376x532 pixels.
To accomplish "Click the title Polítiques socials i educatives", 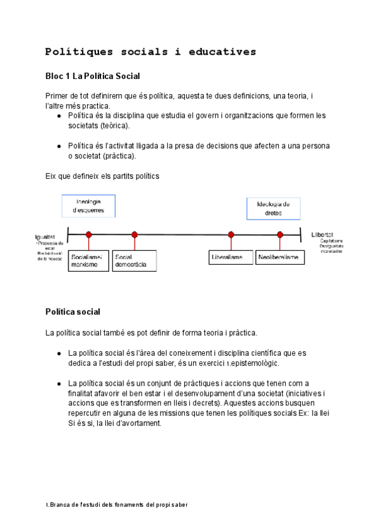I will tap(150, 51).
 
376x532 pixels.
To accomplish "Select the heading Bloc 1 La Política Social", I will tap(92, 76).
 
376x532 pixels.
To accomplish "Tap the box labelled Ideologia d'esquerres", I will tap(88, 206).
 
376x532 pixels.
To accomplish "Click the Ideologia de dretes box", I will tap(273, 208).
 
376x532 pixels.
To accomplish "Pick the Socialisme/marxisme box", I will tap(89, 261).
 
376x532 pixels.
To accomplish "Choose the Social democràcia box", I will tap(135, 261).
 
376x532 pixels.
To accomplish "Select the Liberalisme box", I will tap(231, 258).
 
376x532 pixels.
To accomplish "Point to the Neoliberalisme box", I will tap(280, 258).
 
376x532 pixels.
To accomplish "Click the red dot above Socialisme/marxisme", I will tap(89, 235).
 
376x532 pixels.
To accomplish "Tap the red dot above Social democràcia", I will tap(134, 235).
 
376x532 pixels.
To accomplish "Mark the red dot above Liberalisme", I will tap(231, 235).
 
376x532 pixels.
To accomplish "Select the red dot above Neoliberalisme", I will tap(280, 235).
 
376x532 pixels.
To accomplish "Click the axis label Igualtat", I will tap(45, 237).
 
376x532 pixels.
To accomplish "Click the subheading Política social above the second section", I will tap(73, 311).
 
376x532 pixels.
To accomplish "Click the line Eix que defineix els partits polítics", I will tap(102, 176).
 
